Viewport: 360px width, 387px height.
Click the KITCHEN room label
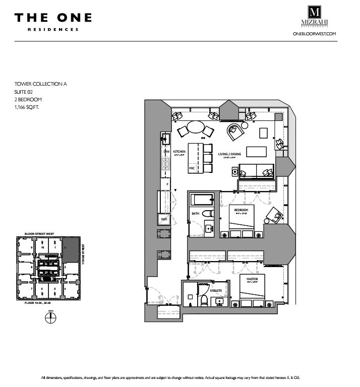click(x=179, y=151)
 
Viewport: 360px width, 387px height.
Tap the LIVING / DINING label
click(x=228, y=154)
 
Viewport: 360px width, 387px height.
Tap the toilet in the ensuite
click(x=204, y=301)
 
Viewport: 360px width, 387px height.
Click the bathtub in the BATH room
click(x=203, y=200)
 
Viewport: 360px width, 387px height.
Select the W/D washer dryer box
click(x=164, y=219)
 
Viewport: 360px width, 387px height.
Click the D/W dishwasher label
click(x=166, y=151)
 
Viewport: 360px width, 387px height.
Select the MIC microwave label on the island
click(x=192, y=167)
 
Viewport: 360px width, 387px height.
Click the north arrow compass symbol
click(x=50, y=318)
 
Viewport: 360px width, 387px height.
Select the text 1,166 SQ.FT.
click(x=27, y=107)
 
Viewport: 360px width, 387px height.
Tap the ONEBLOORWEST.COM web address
click(x=314, y=33)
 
